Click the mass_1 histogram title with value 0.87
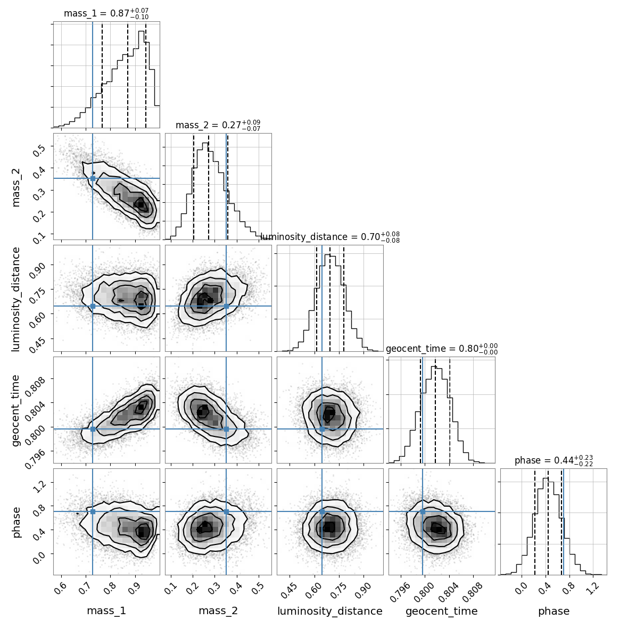coord(106,14)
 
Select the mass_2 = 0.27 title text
coord(218,126)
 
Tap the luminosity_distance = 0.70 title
coord(330,237)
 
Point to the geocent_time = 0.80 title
coord(442,349)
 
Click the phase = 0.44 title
coord(553,461)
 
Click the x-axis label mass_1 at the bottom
coord(106,611)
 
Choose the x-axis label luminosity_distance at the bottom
coord(330,611)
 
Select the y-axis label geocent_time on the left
coord(16,410)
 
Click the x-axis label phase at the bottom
coord(553,611)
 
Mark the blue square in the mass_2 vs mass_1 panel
coord(93,178)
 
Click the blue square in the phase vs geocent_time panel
coord(423,511)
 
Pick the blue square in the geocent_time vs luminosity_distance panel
coord(322,429)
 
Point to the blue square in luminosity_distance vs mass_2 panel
coord(226,306)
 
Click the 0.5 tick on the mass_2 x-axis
coord(258,587)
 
